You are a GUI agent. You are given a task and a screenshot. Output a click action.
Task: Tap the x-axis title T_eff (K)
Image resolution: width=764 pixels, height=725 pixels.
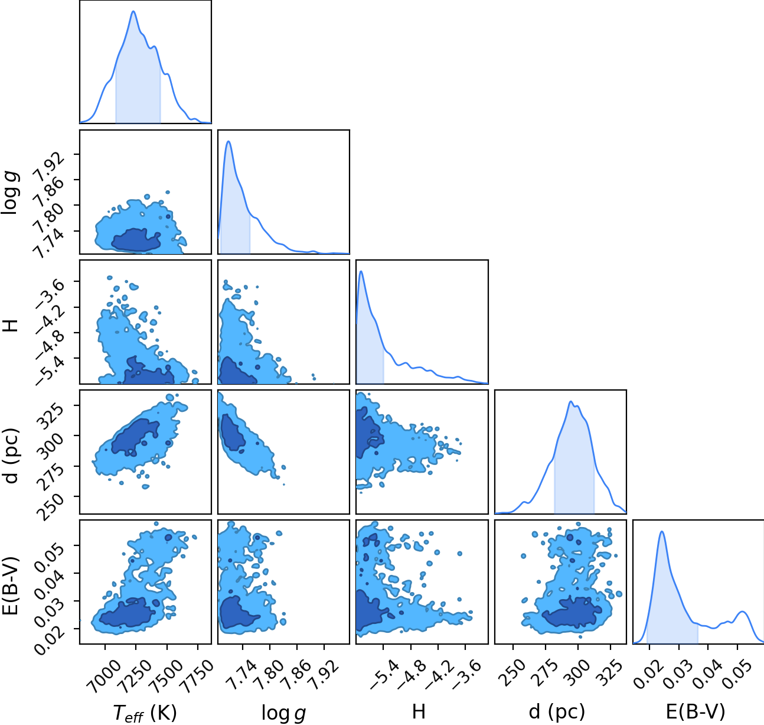click(145, 713)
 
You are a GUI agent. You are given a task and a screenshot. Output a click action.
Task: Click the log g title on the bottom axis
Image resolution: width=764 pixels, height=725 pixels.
click(283, 713)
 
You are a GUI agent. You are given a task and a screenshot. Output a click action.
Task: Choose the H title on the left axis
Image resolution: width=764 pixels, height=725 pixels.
click(12, 326)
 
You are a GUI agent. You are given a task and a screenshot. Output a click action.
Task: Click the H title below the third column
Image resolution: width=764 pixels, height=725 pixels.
click(419, 712)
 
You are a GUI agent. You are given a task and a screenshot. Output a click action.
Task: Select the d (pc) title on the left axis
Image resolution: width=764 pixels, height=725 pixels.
click(12, 456)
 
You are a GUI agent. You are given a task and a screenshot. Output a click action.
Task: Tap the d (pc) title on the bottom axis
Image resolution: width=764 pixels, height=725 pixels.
click(557, 712)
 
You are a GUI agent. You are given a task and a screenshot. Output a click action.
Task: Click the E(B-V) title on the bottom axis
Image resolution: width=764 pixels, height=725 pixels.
click(696, 712)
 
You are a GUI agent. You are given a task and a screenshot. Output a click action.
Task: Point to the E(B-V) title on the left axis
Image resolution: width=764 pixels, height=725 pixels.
click(12, 586)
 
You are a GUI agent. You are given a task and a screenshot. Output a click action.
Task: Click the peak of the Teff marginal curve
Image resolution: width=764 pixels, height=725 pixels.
click(133, 11)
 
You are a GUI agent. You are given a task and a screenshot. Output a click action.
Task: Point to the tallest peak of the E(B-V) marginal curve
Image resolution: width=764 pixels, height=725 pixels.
click(662, 532)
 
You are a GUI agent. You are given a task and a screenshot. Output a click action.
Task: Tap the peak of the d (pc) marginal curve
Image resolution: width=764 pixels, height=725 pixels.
click(570, 401)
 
